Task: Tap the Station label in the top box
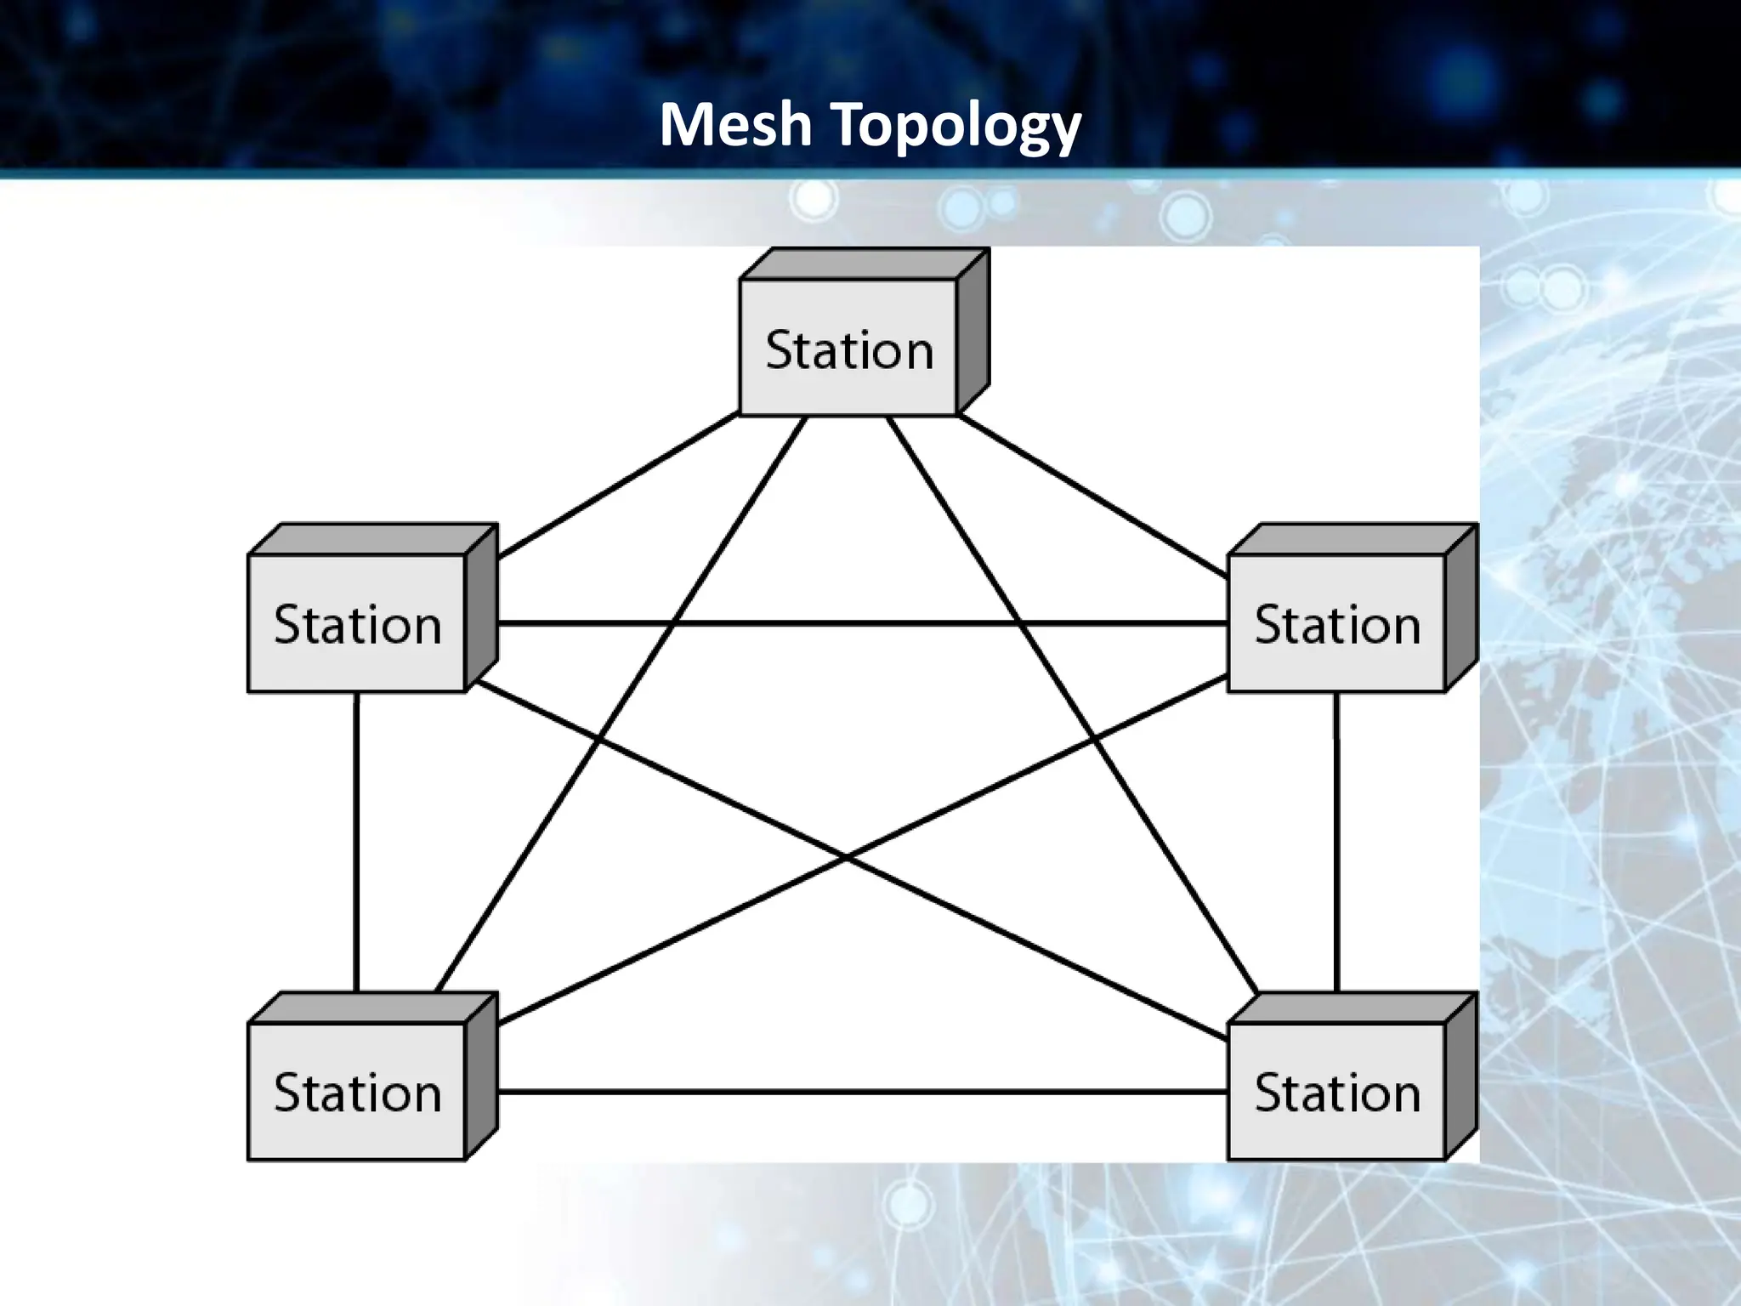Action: click(849, 349)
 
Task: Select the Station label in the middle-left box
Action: click(358, 624)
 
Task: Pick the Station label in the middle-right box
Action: click(1337, 624)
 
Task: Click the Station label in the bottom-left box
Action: click(358, 1092)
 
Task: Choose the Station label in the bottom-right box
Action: click(1337, 1092)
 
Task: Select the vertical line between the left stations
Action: click(356, 842)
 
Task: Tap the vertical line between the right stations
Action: click(1336, 842)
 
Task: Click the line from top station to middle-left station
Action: click(616, 486)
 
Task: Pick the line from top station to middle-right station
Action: click(1092, 495)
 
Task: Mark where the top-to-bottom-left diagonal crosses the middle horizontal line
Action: click(673, 623)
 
